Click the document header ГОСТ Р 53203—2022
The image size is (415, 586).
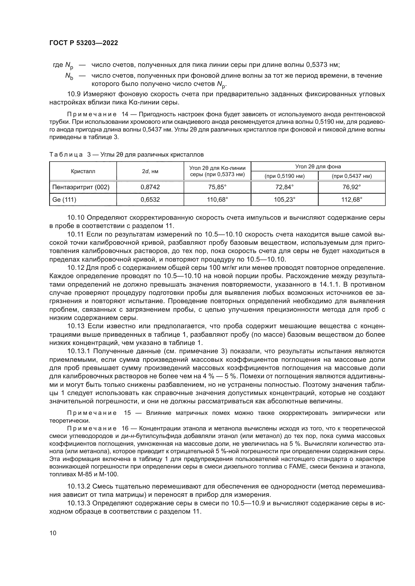click(84, 43)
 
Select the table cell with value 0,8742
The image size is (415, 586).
click(150, 187)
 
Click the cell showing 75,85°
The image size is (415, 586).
click(217, 187)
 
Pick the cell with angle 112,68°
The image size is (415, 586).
click(352, 200)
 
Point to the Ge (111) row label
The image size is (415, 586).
click(64, 200)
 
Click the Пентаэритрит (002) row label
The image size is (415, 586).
click(81, 187)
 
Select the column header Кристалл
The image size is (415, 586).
click(83, 171)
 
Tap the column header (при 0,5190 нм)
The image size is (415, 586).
click(285, 176)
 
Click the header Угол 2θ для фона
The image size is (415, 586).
click(318, 167)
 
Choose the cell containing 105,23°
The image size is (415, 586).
click(285, 200)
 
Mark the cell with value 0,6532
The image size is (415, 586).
click(150, 200)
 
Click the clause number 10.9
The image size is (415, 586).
click(74, 94)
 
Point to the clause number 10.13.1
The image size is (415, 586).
click(79, 351)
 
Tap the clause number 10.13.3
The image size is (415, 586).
click(79, 503)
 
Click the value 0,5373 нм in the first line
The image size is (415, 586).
click(322, 65)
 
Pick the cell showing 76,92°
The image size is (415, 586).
click(352, 187)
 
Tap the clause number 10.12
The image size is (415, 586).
click(76, 268)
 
